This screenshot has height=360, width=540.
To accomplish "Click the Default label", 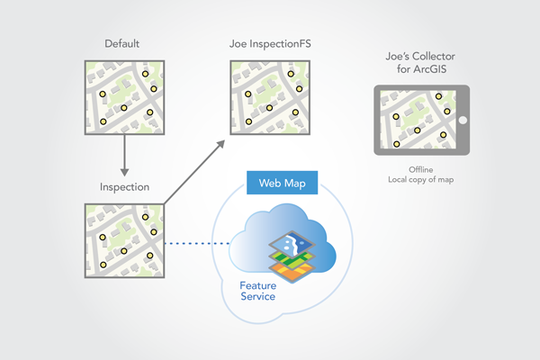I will (x=125, y=42).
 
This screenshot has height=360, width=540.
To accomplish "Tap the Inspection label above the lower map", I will (x=125, y=188).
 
